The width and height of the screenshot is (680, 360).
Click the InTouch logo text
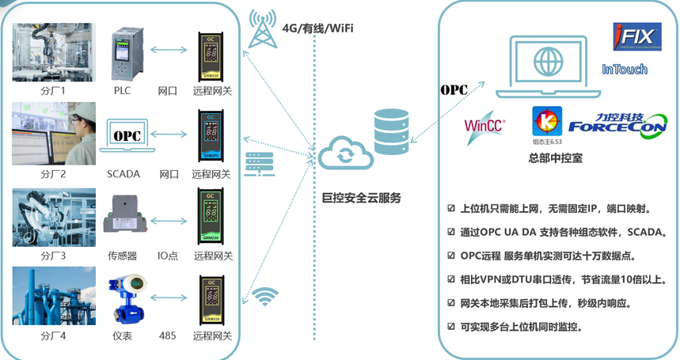coord(625,70)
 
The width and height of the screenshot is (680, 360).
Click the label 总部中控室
coord(555,158)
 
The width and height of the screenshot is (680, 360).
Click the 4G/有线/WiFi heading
coord(317,28)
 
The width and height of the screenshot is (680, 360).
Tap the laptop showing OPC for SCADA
coord(126,138)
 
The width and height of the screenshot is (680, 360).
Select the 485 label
coord(168,335)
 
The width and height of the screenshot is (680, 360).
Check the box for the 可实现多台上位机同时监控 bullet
coord(452,326)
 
